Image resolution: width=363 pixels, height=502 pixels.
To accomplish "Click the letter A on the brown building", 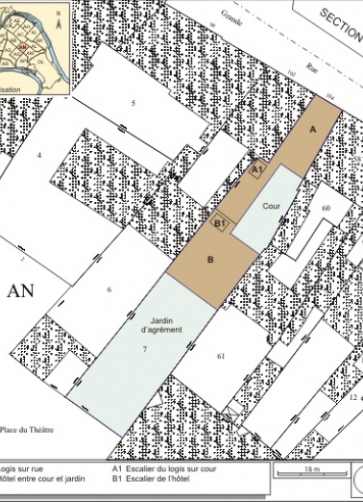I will tap(312, 127).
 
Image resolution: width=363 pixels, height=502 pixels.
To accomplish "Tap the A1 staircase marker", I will tap(256, 170).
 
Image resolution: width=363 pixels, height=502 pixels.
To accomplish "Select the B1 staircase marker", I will tap(219, 223).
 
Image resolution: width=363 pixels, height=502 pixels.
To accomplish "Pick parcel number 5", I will tap(133, 102).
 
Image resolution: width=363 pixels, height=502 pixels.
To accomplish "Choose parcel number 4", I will tap(39, 154).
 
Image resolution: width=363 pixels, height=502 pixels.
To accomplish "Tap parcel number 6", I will tap(109, 289).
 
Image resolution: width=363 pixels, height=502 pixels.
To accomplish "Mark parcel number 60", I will tap(326, 208).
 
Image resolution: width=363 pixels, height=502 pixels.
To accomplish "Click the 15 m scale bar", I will tap(312, 473).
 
